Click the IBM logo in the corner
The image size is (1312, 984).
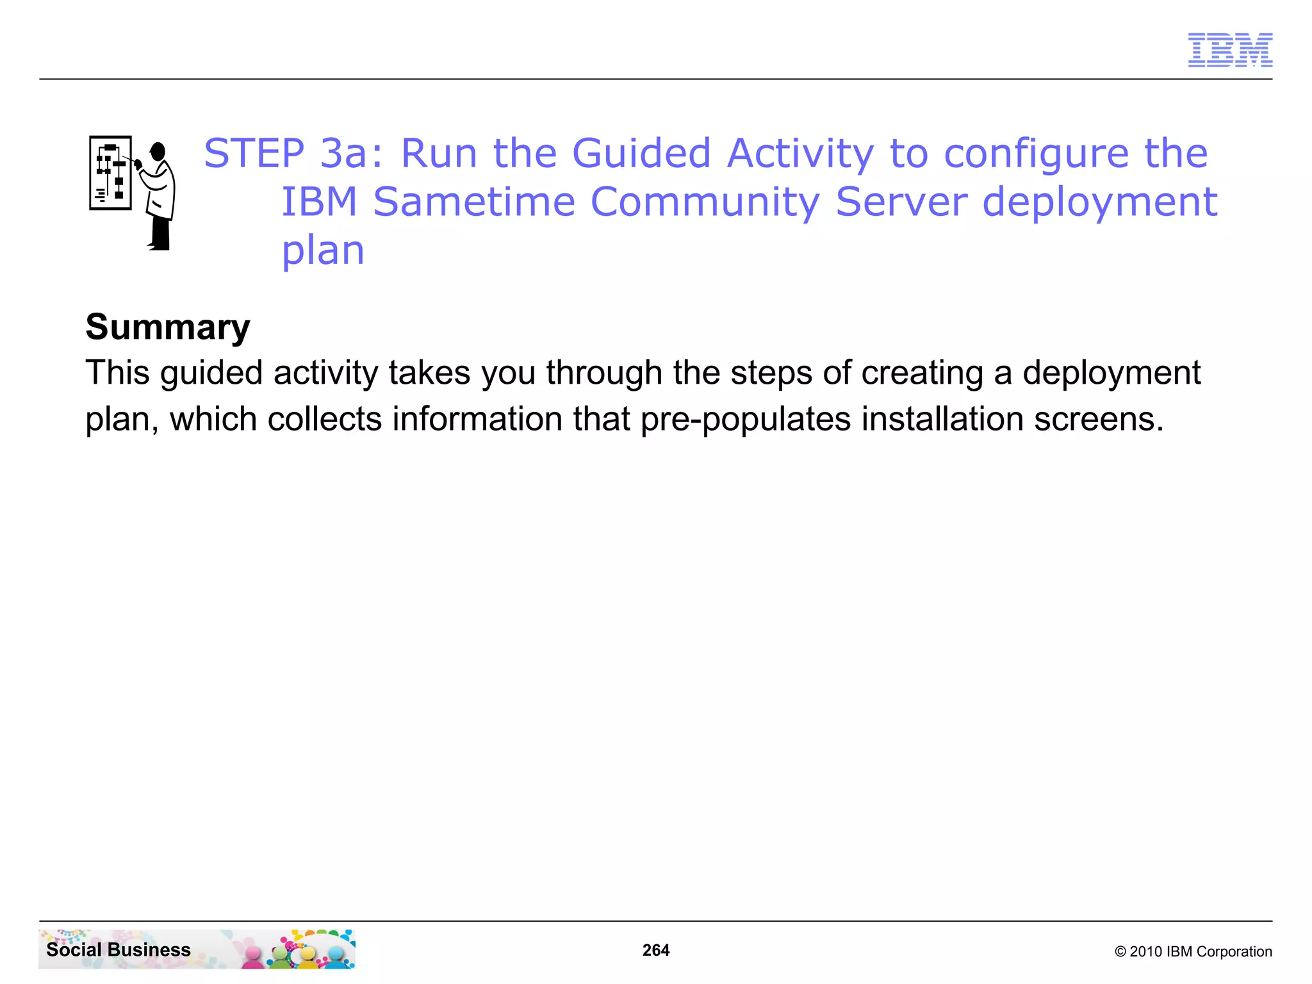[1229, 50]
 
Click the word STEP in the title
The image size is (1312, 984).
[254, 154]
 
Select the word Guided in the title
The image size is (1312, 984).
[641, 154]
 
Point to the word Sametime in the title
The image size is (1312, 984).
[474, 202]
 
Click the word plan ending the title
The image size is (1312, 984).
[323, 251]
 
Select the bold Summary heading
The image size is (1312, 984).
[168, 327]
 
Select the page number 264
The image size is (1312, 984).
[655, 950]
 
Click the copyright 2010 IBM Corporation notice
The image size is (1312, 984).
[1193, 951]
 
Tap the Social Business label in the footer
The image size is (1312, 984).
[119, 949]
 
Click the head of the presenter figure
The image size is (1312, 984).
[158, 151]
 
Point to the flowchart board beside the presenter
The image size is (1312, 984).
[110, 173]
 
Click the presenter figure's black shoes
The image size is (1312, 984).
[159, 246]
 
